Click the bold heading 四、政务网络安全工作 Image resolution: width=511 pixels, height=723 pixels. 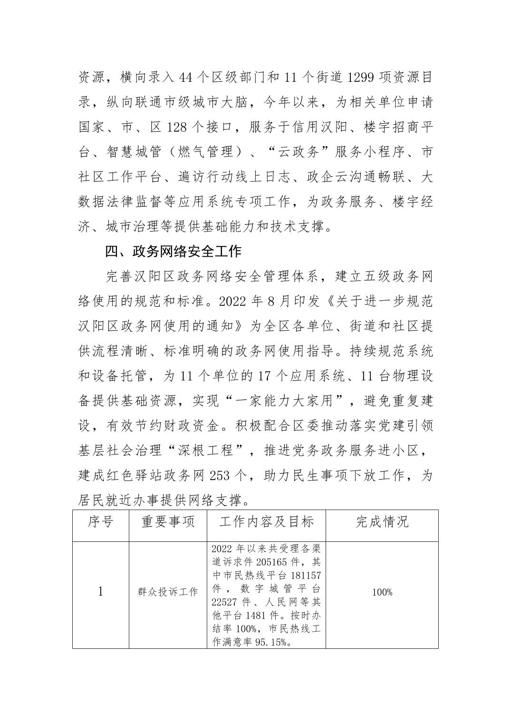click(174, 251)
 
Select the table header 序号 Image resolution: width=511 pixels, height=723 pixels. click(100, 522)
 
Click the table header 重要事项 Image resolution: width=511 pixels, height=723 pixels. click(168, 522)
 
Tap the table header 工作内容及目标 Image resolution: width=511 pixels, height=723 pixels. click(266, 522)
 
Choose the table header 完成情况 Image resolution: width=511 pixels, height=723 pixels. click(382, 522)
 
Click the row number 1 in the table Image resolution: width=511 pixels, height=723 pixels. click(100, 592)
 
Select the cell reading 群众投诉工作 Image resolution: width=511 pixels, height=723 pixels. click(168, 592)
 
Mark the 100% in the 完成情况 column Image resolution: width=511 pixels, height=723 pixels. click(382, 592)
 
